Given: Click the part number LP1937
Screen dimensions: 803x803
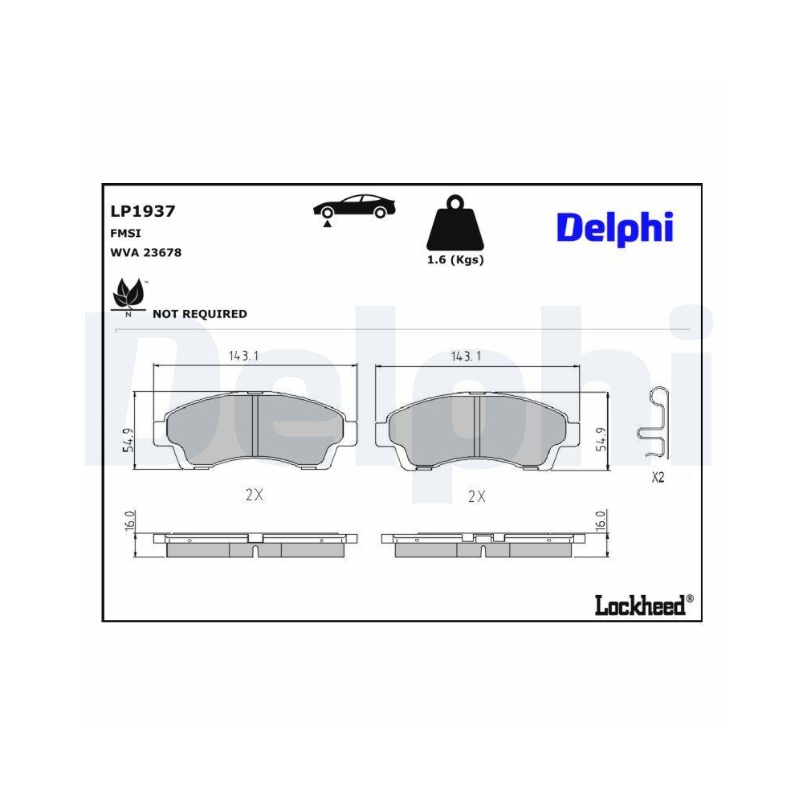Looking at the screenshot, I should (x=142, y=211).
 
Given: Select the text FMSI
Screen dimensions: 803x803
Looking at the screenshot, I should (x=125, y=234).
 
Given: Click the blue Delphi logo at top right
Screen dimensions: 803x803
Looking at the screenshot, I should (x=614, y=226).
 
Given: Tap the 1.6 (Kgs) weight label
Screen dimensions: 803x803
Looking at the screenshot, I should (x=454, y=260).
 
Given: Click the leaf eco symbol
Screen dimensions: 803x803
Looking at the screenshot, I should (x=128, y=296).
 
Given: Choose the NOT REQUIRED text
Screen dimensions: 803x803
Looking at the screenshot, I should (x=199, y=314).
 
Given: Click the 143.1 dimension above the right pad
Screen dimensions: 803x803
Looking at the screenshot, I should (x=466, y=357).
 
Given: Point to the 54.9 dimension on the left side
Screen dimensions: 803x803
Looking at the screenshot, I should (x=128, y=439).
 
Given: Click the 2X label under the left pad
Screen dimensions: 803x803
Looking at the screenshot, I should (x=254, y=495).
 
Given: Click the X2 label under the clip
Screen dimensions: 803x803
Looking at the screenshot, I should (x=658, y=478).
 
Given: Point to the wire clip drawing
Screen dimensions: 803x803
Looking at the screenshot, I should (x=654, y=423).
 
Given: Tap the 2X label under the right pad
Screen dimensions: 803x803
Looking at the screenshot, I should (x=477, y=496).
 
